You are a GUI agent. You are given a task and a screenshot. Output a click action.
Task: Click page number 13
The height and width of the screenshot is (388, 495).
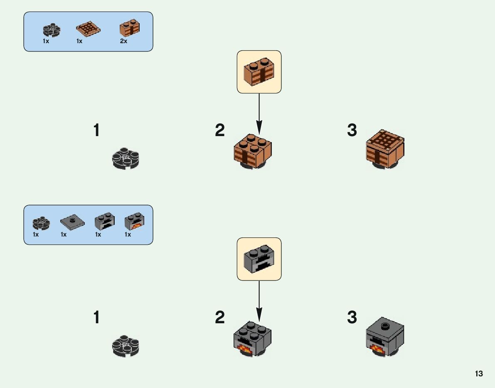tap(479, 374)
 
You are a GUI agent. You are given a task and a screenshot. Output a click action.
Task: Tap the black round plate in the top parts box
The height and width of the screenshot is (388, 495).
tap(52, 30)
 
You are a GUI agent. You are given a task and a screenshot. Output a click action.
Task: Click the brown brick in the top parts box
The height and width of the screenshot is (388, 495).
tap(129, 28)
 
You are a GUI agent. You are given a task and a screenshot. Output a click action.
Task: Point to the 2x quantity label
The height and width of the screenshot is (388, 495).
tap(123, 41)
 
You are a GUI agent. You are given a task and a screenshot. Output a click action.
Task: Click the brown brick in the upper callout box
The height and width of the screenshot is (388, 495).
tap(259, 71)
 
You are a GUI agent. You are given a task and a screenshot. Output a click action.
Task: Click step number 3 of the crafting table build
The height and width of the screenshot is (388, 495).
tap(352, 130)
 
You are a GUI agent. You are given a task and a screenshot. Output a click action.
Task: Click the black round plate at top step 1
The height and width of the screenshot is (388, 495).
tap(126, 159)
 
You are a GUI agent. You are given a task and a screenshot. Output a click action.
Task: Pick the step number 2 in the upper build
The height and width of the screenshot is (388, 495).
tap(220, 130)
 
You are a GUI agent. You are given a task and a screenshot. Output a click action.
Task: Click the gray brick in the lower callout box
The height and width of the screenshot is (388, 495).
tap(259, 259)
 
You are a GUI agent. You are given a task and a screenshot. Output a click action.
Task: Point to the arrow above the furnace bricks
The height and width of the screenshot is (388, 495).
tap(259, 299)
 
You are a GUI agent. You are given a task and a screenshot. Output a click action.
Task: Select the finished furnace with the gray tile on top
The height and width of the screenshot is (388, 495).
tap(385, 337)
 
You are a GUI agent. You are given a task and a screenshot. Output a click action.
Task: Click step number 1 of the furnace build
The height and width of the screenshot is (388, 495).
tap(96, 318)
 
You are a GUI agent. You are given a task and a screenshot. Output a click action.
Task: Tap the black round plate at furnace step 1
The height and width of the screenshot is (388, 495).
tap(126, 346)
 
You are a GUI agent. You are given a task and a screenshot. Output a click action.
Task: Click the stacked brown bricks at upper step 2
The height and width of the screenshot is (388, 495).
tap(253, 151)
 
